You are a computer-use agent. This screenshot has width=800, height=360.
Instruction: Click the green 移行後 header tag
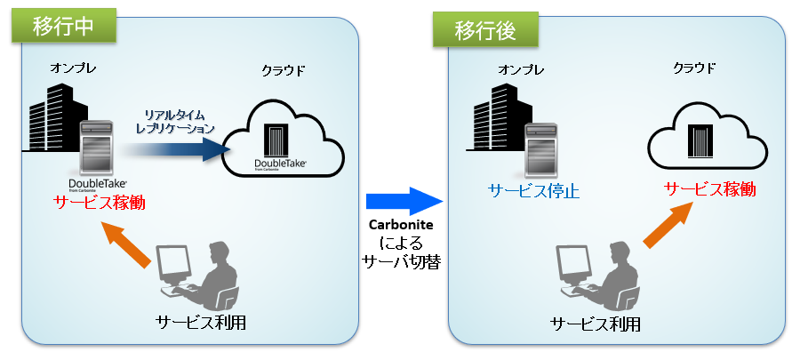pyautogui.click(x=485, y=33)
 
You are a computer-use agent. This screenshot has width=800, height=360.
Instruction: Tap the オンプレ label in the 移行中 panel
pyautogui.click(x=72, y=68)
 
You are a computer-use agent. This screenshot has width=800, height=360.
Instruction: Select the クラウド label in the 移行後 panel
pyautogui.click(x=694, y=68)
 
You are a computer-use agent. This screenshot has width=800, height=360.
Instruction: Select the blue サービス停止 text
pyautogui.click(x=533, y=190)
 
